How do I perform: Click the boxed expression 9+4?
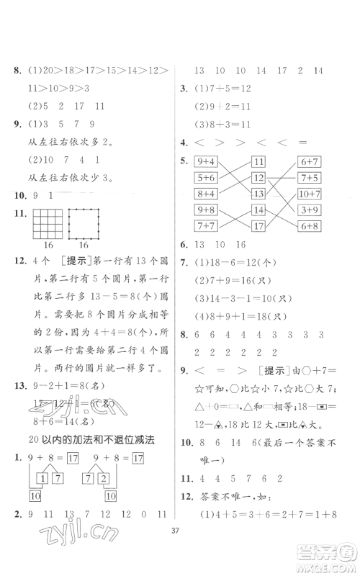point(207,162)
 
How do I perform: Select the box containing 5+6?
point(207,178)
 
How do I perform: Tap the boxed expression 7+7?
point(207,226)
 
